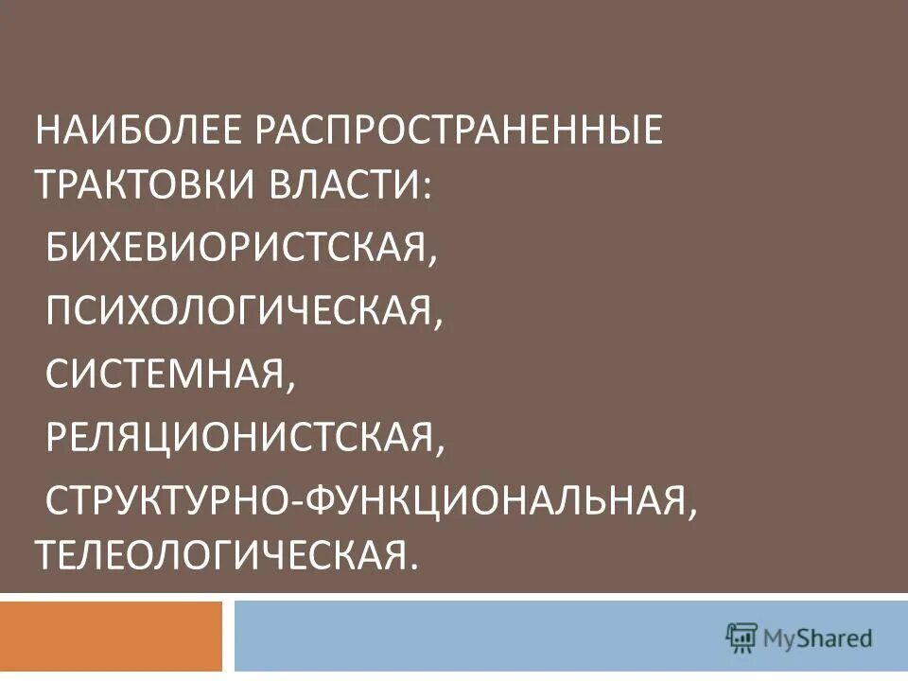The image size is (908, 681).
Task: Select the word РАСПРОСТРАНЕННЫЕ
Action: coord(457,131)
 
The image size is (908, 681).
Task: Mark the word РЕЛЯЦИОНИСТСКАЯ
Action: coord(238,436)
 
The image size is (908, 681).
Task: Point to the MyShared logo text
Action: coord(818,638)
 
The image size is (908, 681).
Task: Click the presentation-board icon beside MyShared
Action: coord(742,637)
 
